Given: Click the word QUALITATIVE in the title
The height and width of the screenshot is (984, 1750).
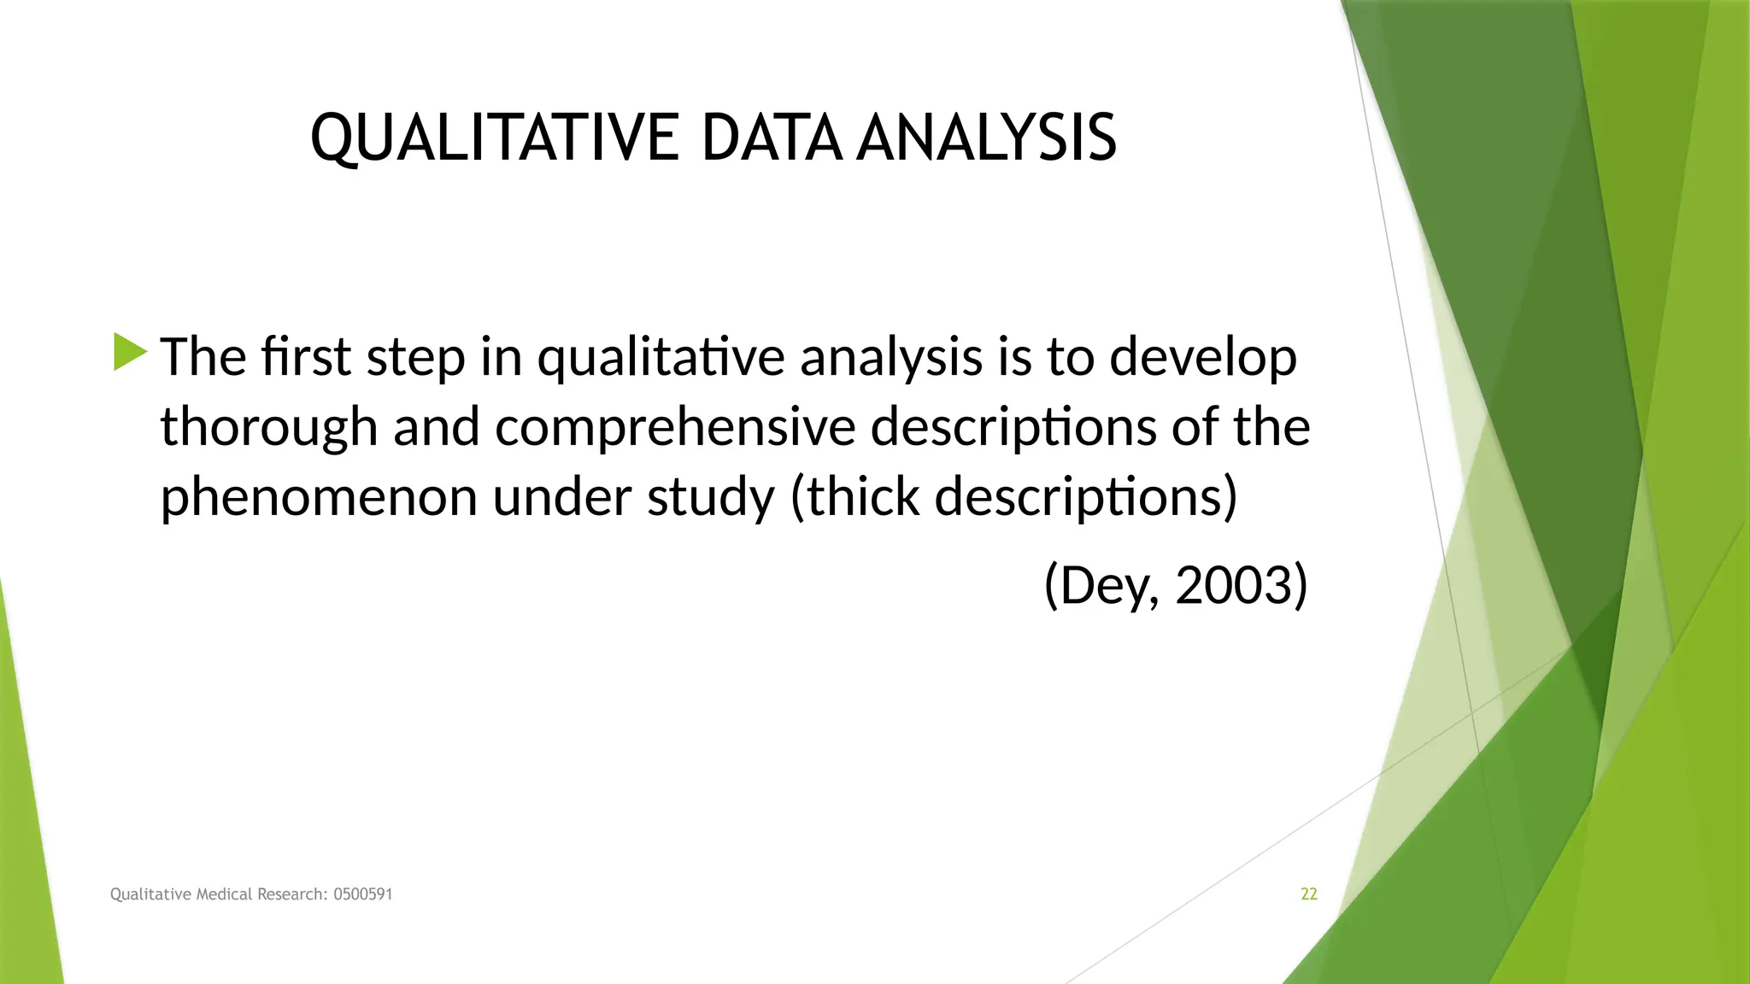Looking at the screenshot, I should pyautogui.click(x=494, y=138).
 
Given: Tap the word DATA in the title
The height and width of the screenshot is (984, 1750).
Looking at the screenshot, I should pyautogui.click(x=772, y=138).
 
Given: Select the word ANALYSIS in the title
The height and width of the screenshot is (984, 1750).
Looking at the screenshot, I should pyautogui.click(x=986, y=138).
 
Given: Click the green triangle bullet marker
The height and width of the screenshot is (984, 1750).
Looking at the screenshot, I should pyautogui.click(x=130, y=352).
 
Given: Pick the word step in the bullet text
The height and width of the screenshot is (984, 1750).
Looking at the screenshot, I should pyautogui.click(x=415, y=357).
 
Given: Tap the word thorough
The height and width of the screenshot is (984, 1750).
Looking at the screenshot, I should pyautogui.click(x=268, y=427).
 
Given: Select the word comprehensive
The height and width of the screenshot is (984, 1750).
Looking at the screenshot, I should pyautogui.click(x=674, y=427).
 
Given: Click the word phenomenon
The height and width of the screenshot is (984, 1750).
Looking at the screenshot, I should pyautogui.click(x=318, y=497).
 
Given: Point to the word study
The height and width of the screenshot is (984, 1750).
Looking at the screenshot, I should pyautogui.click(x=710, y=497).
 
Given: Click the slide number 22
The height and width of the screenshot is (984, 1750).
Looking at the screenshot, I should pyautogui.click(x=1308, y=894).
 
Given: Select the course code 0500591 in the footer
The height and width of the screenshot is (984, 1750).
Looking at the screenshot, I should pyautogui.click(x=362, y=894).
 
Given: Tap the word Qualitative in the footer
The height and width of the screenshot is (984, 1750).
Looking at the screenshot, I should pyautogui.click(x=151, y=894).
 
